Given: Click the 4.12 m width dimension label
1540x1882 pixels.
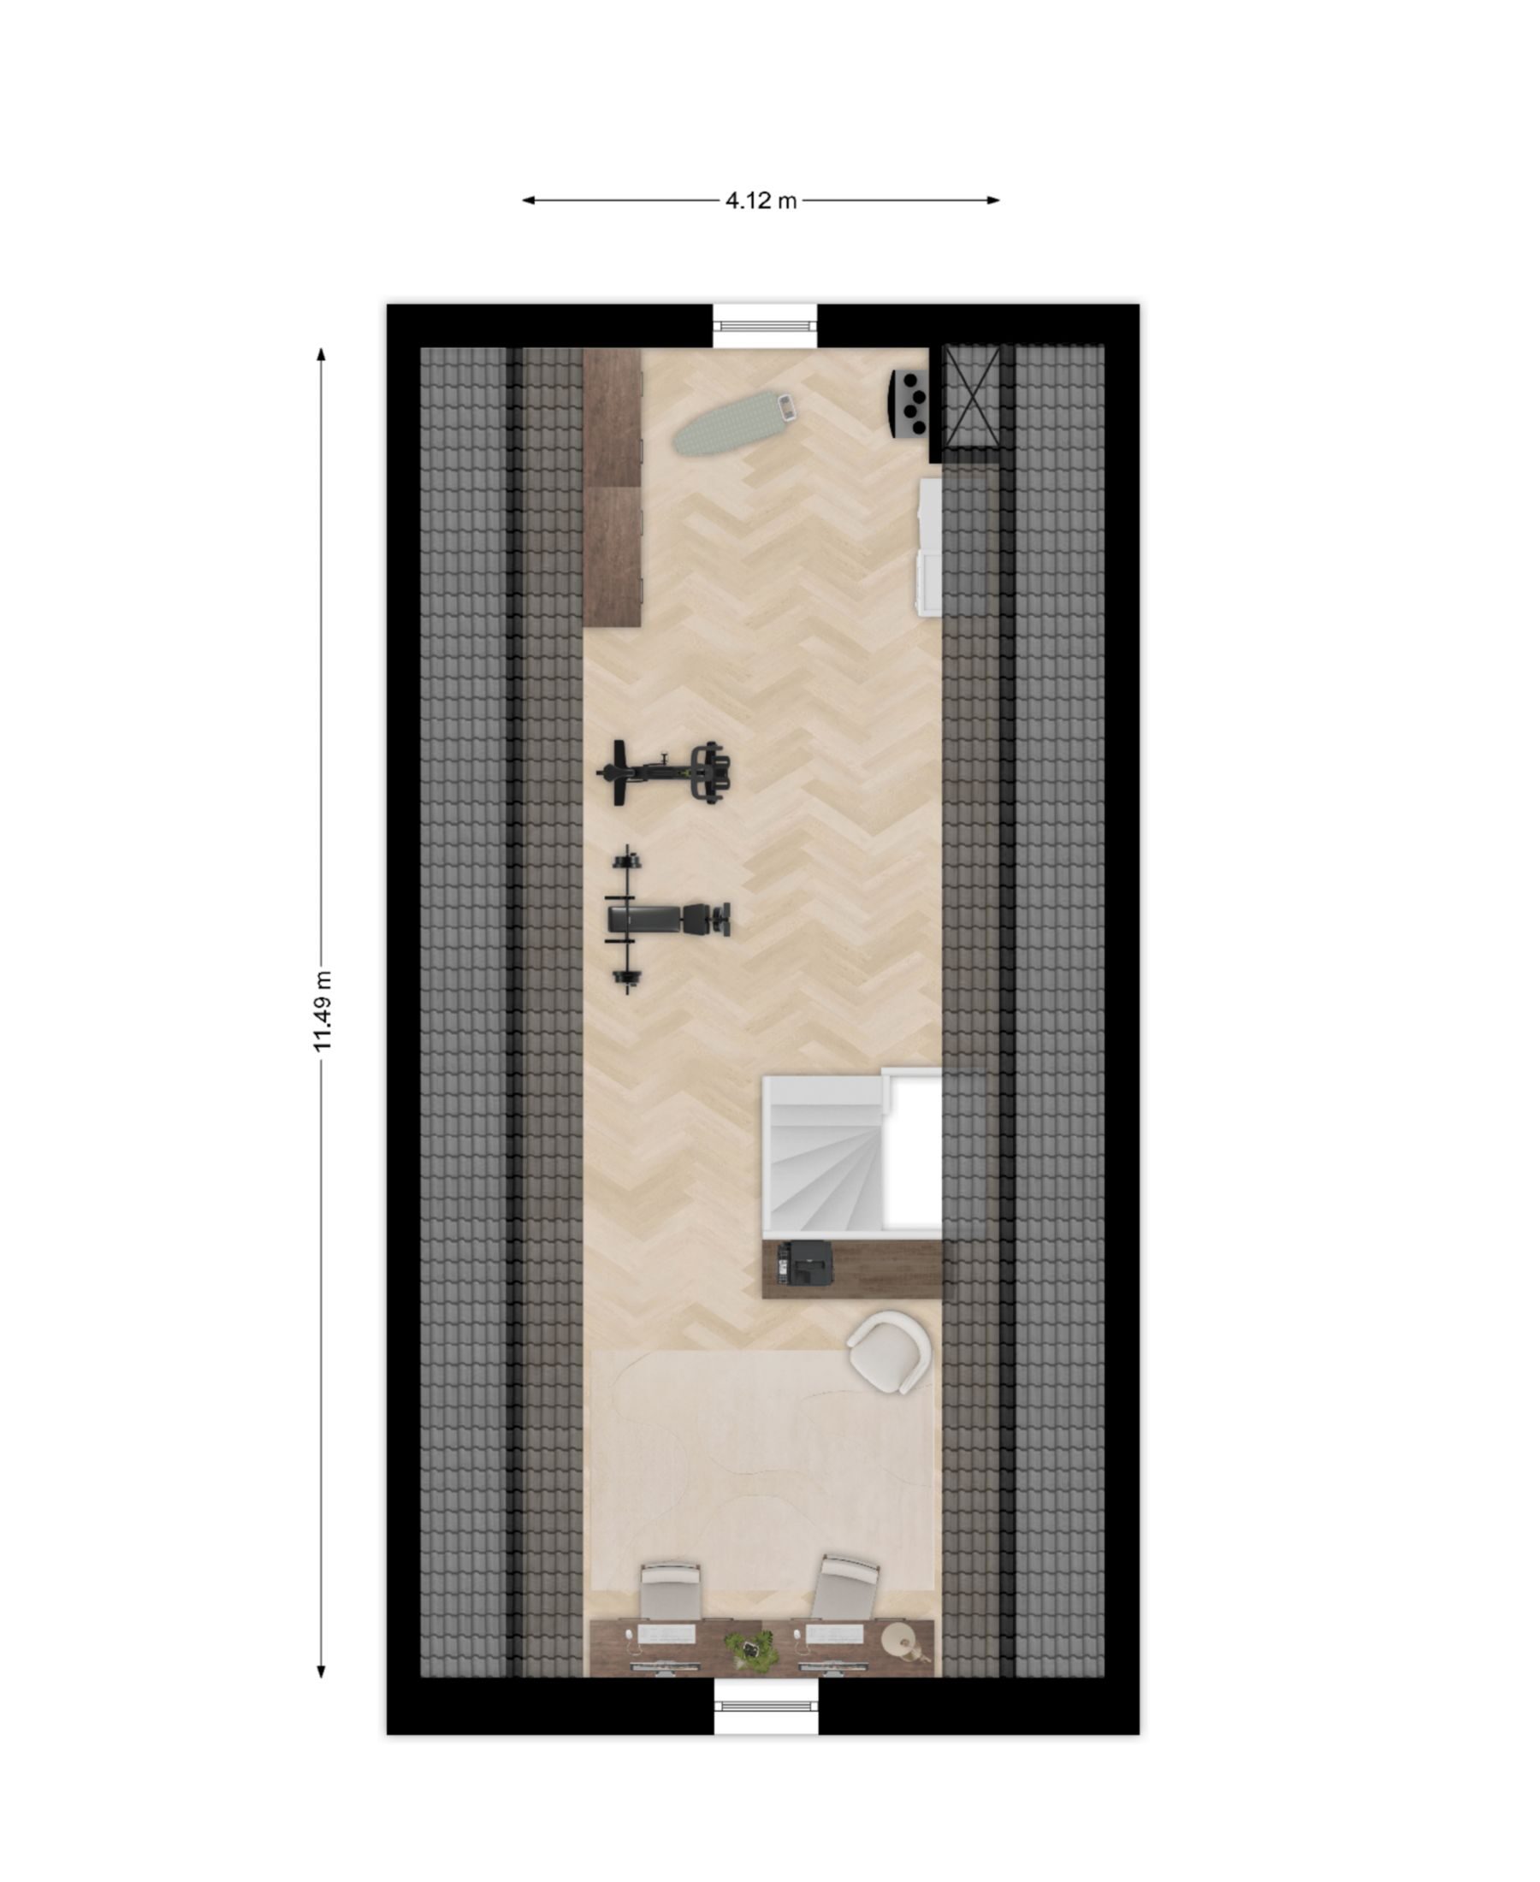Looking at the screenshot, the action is point(761,200).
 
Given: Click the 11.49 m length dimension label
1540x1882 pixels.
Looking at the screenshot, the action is point(322,1011).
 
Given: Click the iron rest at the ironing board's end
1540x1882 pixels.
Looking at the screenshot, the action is point(786,407).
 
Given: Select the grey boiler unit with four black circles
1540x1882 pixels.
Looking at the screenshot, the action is point(909,403).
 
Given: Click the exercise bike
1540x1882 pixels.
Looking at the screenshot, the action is point(665,772).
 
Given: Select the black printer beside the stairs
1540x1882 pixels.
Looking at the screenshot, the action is point(804,1263).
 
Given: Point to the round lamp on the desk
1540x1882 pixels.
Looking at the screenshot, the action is point(901,1641).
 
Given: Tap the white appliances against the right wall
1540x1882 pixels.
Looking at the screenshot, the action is point(929,547).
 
